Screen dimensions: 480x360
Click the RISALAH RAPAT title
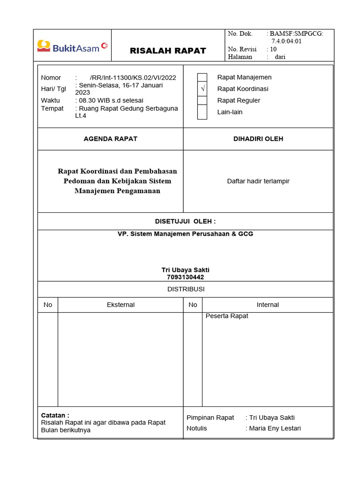168,51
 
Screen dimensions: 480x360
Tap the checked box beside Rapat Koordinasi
202,89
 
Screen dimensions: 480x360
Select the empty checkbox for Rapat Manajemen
202,78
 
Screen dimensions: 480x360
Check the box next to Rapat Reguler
202,100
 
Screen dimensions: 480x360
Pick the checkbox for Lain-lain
202,112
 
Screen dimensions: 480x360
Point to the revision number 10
273,49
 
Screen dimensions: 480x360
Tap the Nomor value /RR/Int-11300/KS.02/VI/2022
133,78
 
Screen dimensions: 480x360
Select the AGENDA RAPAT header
110,139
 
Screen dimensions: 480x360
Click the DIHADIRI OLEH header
258,139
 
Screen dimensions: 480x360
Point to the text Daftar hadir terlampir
258,181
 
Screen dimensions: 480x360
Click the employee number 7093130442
185,277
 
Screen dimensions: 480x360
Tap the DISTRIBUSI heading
186,289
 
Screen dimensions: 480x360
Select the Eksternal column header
120,305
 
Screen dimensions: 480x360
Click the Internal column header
268,305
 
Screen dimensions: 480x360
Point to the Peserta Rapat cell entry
227,316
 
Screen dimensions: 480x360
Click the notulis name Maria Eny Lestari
275,428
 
